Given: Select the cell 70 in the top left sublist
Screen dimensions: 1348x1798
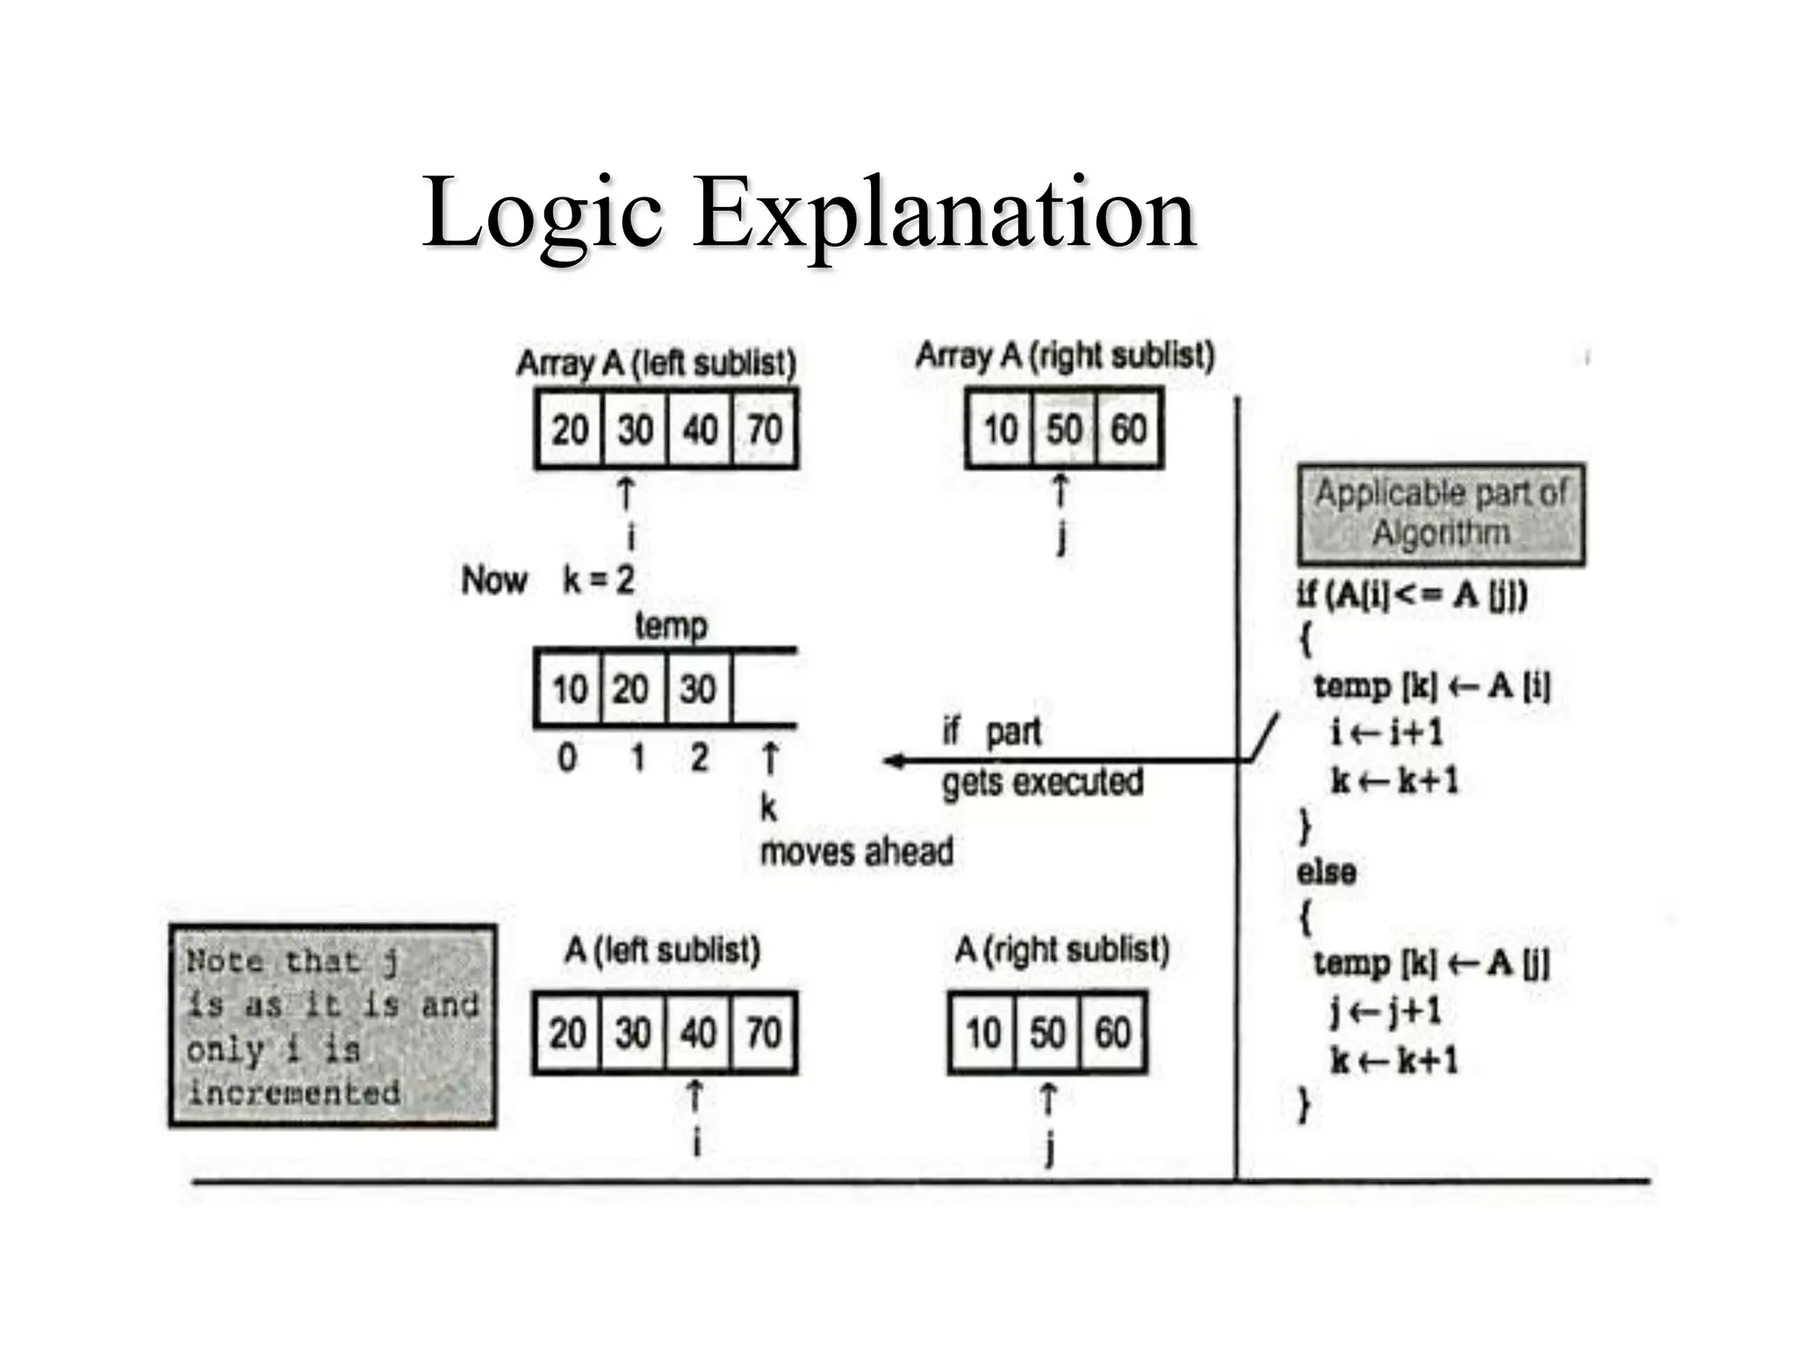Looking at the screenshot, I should point(765,430).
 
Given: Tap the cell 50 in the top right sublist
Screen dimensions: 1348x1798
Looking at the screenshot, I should point(1064,430).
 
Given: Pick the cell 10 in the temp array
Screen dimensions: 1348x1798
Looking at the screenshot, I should point(569,689).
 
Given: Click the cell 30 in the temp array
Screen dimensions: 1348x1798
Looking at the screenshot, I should point(698,689).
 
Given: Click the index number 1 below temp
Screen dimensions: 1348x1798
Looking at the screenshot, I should point(638,757).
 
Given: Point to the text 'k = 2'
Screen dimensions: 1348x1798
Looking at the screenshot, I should point(598,580).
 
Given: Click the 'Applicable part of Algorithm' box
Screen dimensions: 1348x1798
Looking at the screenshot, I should point(1441,514).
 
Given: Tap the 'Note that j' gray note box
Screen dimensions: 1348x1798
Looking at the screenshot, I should point(332,1026).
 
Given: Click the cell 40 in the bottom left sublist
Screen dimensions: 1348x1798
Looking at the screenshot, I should point(698,1033).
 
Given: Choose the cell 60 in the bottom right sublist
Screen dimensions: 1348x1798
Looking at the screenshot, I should point(1112,1033).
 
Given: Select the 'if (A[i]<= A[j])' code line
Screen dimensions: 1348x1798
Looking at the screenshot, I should point(1412,596).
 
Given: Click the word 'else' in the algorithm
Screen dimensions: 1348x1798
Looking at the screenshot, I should point(1327,872).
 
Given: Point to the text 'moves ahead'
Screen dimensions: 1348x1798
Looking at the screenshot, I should point(856,852).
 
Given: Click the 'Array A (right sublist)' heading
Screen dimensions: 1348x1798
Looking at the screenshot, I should point(1065,356).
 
